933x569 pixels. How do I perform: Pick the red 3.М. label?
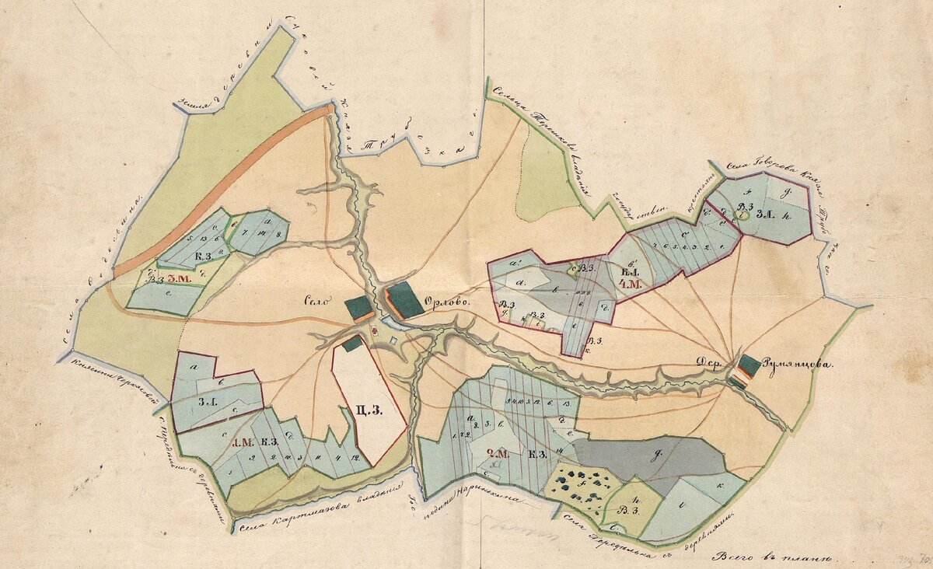click(x=180, y=278)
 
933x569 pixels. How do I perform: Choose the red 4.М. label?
click(x=628, y=285)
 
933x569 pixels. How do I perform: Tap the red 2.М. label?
click(x=497, y=454)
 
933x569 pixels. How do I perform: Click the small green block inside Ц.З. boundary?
click(x=352, y=343)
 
